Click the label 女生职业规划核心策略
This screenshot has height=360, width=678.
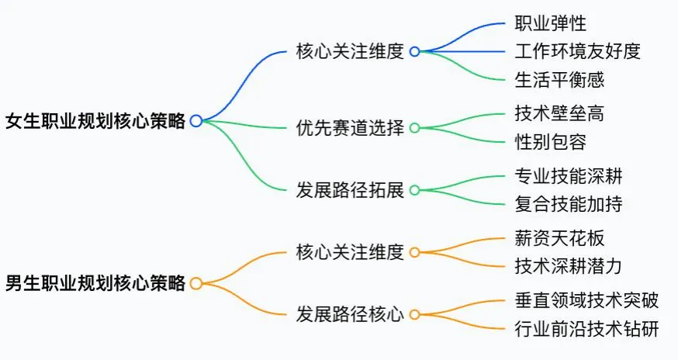pos(95,121)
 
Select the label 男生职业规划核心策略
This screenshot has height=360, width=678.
pos(95,283)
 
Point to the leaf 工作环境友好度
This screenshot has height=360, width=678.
pos(578,51)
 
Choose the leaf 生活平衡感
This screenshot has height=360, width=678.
pos(559,79)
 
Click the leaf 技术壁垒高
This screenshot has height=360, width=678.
pos(559,114)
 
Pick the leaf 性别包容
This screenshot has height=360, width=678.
pos(550,142)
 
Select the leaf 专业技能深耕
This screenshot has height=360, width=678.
pos(569,176)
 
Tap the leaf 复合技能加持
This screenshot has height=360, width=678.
pos(569,204)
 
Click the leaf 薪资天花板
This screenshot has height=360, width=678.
pos(559,238)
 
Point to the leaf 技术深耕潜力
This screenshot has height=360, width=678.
pos(569,266)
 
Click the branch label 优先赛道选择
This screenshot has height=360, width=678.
pos(350,128)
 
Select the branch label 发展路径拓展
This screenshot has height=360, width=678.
pos(350,190)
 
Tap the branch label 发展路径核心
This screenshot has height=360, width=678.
pos(350,315)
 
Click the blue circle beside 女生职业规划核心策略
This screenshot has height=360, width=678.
pos(196,121)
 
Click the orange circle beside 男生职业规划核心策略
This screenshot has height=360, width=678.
pos(196,283)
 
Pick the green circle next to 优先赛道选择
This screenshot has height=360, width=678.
pos(415,128)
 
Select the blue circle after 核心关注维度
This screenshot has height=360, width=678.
pos(415,52)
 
